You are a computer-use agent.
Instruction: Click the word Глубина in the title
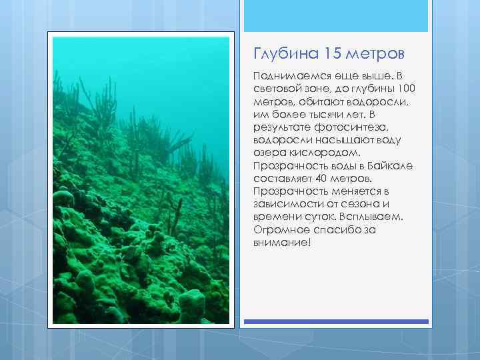pos(279,52)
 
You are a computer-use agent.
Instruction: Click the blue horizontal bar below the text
pos(336,321)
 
